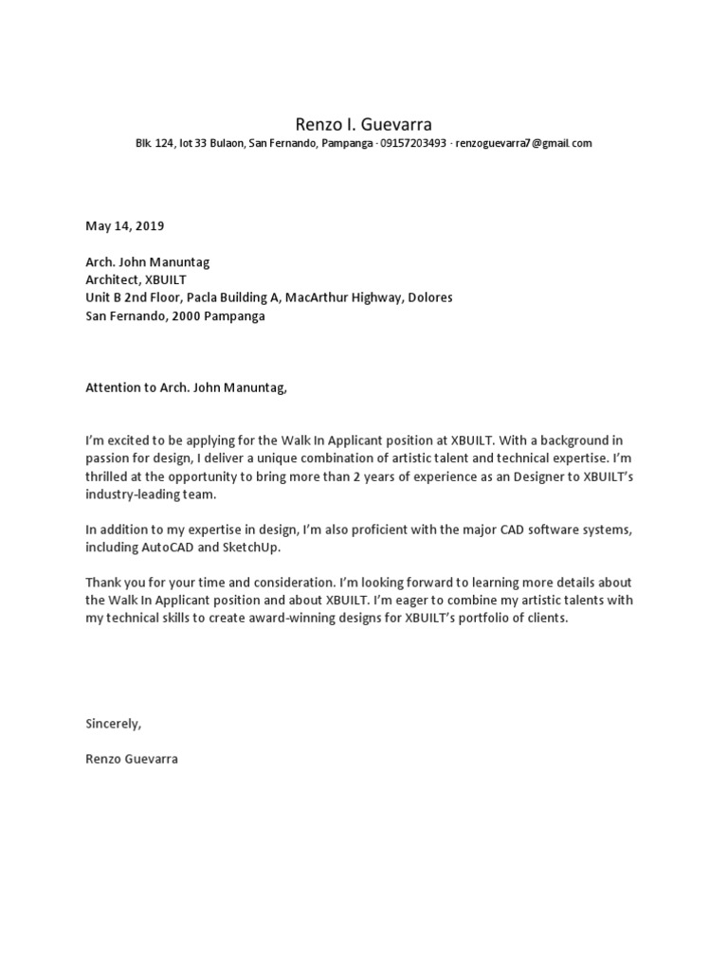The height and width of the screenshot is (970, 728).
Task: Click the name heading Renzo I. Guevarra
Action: point(364,123)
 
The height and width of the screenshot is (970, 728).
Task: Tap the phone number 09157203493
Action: point(413,144)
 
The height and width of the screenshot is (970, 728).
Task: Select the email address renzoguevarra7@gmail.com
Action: point(523,144)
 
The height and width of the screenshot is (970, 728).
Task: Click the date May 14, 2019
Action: point(124,225)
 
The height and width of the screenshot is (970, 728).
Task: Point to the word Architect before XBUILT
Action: point(113,279)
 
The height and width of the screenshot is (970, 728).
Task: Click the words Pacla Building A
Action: point(237,297)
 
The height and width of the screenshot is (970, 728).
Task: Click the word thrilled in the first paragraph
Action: point(108,476)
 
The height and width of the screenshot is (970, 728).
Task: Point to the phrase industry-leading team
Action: point(151,494)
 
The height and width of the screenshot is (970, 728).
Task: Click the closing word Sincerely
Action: point(112,724)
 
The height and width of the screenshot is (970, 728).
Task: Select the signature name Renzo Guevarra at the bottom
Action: point(131,760)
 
